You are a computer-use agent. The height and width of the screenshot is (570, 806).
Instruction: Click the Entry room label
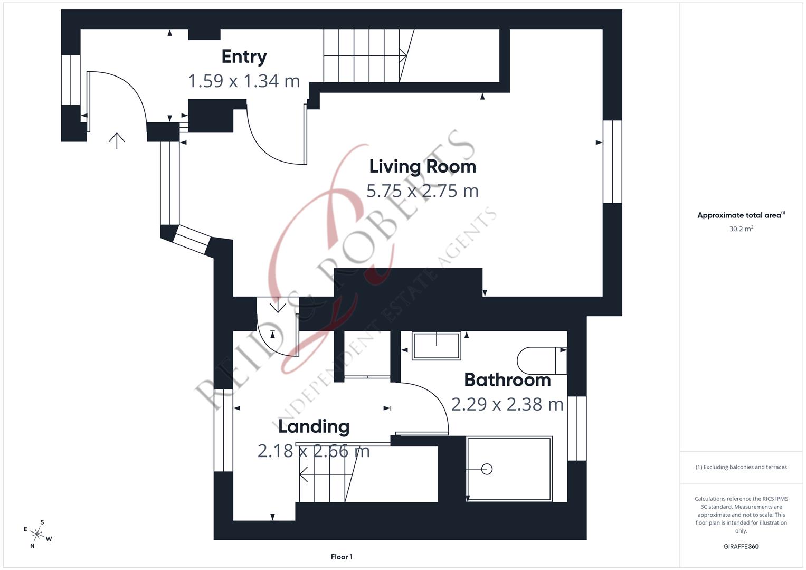244,56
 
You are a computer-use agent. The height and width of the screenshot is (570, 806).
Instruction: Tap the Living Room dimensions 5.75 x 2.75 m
422,191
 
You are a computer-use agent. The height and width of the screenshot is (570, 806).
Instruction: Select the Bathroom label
507,380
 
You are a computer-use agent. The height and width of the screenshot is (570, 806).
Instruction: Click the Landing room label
314,426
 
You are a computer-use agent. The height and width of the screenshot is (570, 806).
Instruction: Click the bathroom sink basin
437,346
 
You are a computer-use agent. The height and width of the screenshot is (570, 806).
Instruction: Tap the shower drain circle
487,469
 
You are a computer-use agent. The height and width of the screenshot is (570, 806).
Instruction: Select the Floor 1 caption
342,557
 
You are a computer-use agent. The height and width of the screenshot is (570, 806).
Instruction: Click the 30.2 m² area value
741,229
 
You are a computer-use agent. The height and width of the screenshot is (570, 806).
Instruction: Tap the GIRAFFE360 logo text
741,547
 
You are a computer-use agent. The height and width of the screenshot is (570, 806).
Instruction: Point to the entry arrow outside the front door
117,140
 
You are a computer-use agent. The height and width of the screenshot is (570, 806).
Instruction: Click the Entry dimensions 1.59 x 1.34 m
244,81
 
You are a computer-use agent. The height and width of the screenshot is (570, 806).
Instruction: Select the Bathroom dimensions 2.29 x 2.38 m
507,404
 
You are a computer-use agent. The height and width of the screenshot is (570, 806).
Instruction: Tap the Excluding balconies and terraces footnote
741,467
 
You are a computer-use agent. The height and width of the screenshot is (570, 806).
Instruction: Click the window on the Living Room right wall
612,161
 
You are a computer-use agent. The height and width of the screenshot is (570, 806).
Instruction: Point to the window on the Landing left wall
223,430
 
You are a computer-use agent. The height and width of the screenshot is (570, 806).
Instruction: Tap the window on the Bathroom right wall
577,428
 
